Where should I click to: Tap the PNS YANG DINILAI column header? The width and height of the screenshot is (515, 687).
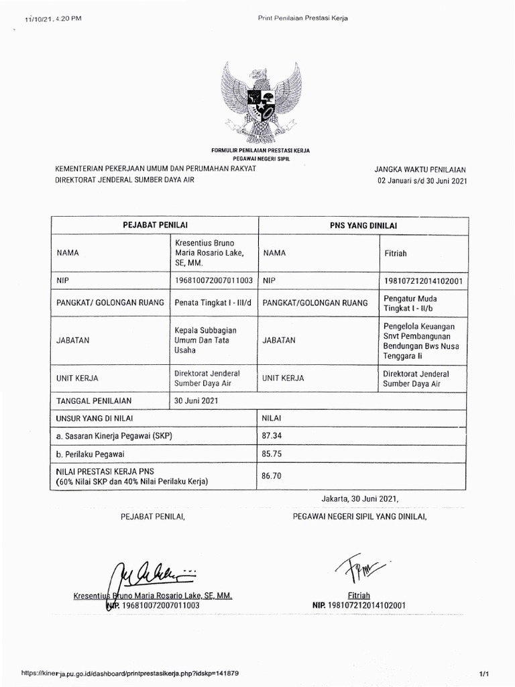(363, 226)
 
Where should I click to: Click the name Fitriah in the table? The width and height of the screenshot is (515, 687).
(395, 254)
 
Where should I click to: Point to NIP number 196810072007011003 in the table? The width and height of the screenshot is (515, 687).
(213, 280)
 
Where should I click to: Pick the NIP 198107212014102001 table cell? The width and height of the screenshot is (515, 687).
(424, 280)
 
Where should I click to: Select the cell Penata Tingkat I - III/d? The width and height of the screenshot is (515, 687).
(213, 303)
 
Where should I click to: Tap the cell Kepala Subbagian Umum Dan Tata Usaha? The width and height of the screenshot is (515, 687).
(205, 340)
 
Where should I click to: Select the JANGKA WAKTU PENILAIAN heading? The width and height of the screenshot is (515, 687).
(420, 170)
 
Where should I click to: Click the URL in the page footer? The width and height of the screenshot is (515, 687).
(130, 672)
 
